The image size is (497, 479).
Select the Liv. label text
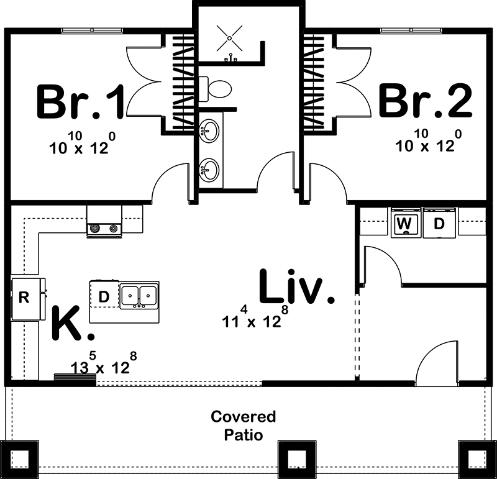[x=296, y=288]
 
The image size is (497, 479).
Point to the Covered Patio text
[x=243, y=425]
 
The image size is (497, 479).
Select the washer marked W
[x=404, y=224]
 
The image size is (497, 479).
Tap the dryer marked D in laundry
[x=439, y=224]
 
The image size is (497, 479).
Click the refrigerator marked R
[x=24, y=298]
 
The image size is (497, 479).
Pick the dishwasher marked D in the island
[x=104, y=297]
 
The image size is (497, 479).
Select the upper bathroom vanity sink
[x=210, y=131]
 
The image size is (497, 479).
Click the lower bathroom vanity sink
[x=210, y=169]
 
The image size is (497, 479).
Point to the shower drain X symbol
[x=229, y=37]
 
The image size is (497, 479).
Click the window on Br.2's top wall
[x=404, y=29]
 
